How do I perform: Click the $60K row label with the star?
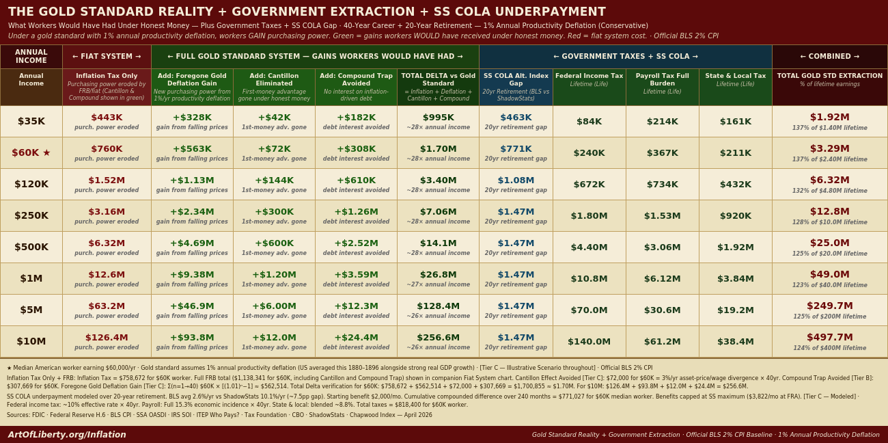tap(31, 152)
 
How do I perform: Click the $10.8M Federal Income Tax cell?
tap(589, 278)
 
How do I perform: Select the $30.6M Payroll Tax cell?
tap(662, 310)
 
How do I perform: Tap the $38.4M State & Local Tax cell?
tap(736, 341)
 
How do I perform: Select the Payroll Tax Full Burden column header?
tap(662, 80)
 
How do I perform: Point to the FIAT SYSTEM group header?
tap(107, 57)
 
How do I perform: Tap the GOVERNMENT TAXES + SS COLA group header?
tap(625, 57)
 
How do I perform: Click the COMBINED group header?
tap(829, 57)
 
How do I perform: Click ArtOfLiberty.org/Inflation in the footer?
tap(67, 434)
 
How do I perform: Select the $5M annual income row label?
tap(31, 310)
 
